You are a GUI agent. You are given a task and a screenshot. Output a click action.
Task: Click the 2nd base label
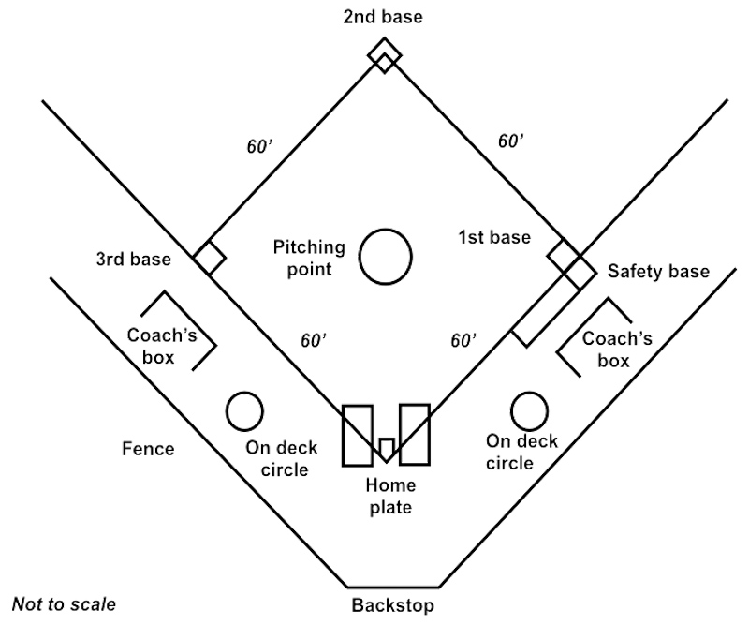tap(383, 17)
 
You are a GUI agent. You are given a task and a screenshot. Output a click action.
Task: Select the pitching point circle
tap(385, 256)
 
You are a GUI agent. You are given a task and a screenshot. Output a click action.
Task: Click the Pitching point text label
tap(309, 258)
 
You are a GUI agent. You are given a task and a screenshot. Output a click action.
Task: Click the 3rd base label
tap(134, 259)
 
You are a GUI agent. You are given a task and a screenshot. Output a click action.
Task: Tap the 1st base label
tap(494, 237)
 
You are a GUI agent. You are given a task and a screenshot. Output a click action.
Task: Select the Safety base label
tap(658, 272)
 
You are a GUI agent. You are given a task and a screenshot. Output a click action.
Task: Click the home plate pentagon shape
tap(385, 448)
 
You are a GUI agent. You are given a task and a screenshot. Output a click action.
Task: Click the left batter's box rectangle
tap(358, 435)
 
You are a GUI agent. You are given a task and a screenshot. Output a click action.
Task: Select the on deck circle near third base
tap(244, 409)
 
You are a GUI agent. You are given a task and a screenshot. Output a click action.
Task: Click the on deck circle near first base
tap(529, 410)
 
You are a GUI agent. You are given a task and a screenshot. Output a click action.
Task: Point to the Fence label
tap(147, 449)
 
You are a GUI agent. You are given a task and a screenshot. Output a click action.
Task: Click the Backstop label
tap(392, 604)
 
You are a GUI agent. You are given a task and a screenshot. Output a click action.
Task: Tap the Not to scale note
tap(64, 603)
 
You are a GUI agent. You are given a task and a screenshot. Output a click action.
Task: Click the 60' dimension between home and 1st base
tap(463, 339)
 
